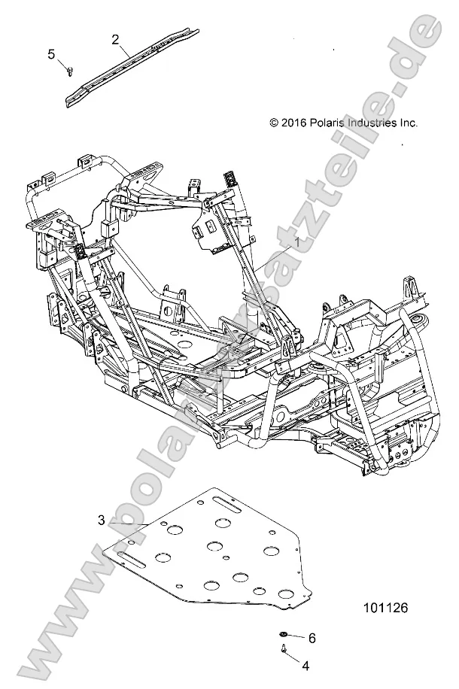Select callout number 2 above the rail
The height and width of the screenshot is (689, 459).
(x=116, y=39)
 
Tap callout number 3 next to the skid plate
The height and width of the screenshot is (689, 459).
(x=102, y=520)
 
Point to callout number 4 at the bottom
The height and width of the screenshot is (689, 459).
(x=305, y=665)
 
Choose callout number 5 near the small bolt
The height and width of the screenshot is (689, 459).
(x=52, y=53)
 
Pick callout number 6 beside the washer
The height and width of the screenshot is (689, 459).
(x=312, y=638)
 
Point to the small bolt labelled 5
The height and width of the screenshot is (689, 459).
(x=69, y=70)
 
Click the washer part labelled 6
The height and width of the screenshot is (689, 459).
(x=284, y=636)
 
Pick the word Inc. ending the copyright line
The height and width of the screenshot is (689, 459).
(x=407, y=123)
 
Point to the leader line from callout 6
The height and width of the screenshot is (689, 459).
(x=297, y=637)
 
